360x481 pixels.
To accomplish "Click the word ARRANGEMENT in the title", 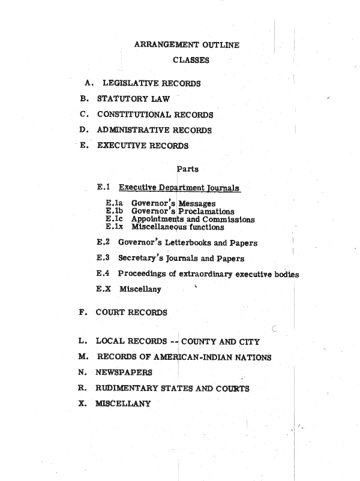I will point(164,44).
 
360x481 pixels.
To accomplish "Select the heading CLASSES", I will point(191,60).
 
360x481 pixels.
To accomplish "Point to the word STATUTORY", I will point(120,98).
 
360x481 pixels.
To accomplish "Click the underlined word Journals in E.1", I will point(222,188).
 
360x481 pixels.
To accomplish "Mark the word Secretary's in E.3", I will point(139,258).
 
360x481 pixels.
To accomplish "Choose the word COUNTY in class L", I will point(200,342).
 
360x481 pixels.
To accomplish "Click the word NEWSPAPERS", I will point(124,372).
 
